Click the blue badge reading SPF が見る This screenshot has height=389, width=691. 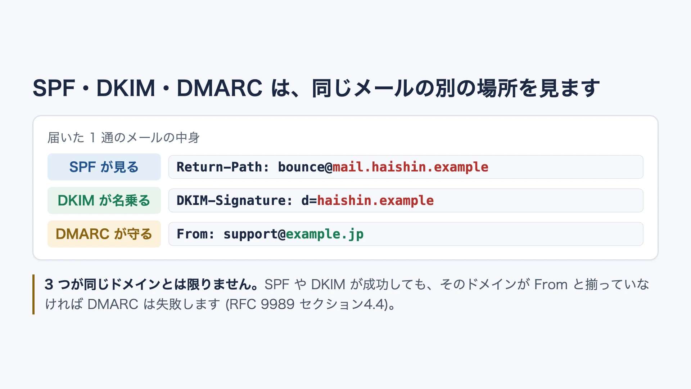point(104,167)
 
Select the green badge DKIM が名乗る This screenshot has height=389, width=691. point(104,200)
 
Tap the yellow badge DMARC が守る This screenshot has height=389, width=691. point(104,234)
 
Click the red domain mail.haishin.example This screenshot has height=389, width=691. point(411,167)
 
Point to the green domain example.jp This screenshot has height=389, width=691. point(325,234)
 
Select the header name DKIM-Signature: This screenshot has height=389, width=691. point(235,201)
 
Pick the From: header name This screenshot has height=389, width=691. point(196,234)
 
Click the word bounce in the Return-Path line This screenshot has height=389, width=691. point(301,167)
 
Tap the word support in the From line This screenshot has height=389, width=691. point(250,234)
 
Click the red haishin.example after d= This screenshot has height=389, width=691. point(375,201)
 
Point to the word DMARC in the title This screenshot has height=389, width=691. point(220,88)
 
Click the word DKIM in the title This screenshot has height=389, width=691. point(126,88)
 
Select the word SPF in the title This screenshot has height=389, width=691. point(54,88)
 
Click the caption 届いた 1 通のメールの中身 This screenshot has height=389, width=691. point(123,138)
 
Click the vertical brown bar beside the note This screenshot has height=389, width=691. point(33,294)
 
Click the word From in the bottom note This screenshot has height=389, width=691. point(551,285)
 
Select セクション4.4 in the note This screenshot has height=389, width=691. point(342,304)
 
